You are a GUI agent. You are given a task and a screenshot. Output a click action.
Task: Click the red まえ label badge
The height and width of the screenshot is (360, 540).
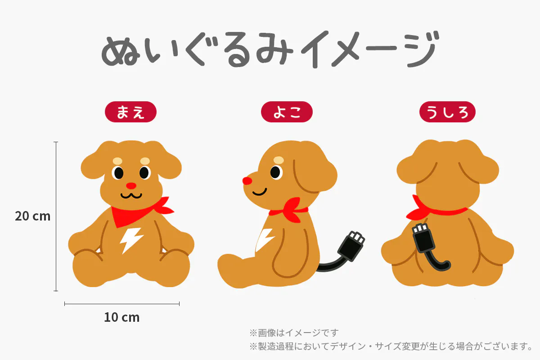130,112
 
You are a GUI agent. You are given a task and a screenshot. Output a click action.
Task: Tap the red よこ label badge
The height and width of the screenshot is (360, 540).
287,112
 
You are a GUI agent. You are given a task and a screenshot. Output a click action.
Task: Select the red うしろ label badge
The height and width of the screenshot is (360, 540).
447,112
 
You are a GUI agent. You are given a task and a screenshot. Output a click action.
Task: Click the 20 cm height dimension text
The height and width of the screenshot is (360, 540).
33,216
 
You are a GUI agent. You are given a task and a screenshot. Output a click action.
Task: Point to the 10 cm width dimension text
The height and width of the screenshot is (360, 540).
122,317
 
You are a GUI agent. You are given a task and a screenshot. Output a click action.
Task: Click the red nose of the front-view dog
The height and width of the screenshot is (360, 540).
131,186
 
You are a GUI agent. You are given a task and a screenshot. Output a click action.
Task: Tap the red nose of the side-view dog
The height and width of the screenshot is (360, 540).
247,181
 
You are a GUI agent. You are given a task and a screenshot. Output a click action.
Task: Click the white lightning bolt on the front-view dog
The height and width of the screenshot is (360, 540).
130,240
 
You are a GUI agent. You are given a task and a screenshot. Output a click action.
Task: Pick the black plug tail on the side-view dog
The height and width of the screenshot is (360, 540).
342,253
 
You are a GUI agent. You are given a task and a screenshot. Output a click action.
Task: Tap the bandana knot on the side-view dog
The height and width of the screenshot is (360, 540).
292,210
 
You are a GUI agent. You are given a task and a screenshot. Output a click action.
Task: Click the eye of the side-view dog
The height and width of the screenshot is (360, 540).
275,172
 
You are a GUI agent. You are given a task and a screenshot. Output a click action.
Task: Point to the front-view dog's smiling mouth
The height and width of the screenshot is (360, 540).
131,195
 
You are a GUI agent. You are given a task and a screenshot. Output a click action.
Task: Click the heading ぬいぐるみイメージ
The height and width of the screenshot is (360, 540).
270,49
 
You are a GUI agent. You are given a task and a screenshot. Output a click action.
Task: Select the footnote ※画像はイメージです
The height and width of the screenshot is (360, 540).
294,333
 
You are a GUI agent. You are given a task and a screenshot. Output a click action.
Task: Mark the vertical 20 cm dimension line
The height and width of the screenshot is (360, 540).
56,216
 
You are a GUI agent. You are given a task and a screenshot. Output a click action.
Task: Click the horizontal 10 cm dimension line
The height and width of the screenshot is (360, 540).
122,304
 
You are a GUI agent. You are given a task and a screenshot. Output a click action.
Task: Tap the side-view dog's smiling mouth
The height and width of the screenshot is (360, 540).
260,192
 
